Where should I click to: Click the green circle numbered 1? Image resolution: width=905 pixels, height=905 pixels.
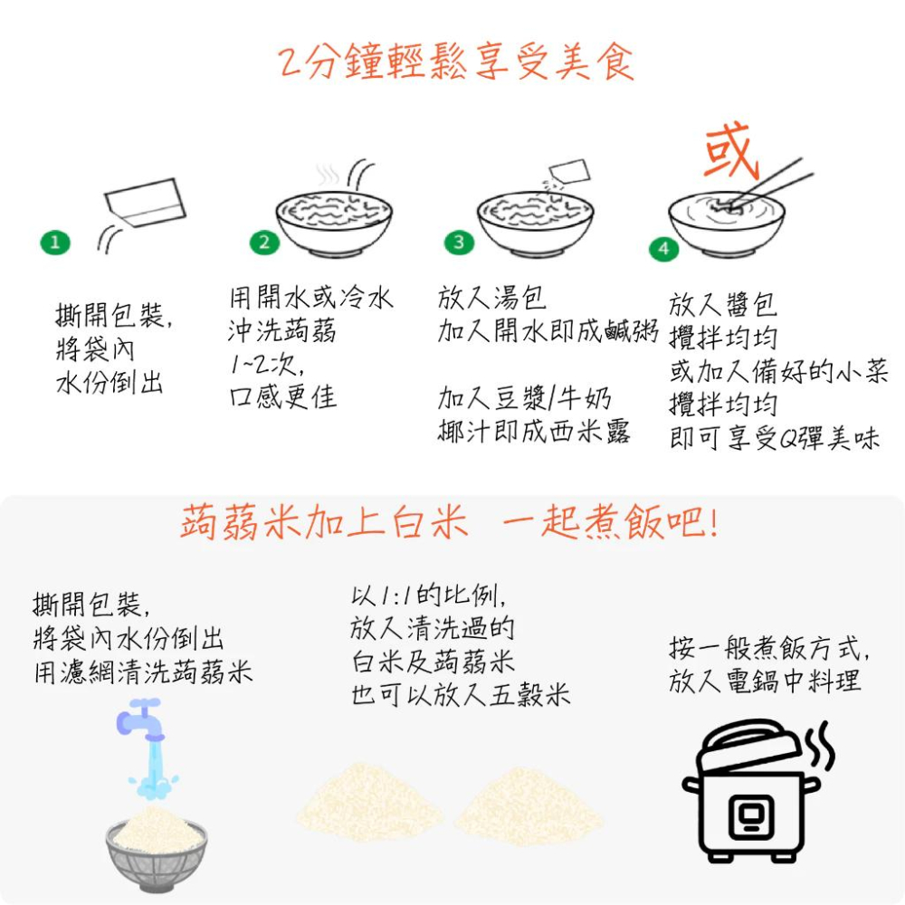(x=55, y=242)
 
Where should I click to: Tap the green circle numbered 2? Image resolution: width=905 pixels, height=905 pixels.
(x=264, y=242)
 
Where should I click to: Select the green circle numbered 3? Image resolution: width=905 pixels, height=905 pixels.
(x=459, y=242)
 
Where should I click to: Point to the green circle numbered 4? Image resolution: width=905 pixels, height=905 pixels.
(x=664, y=248)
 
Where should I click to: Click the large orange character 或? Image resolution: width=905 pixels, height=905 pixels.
(x=729, y=152)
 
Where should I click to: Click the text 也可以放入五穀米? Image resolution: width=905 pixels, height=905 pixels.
(x=461, y=695)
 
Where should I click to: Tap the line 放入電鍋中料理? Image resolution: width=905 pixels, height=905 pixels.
(x=765, y=681)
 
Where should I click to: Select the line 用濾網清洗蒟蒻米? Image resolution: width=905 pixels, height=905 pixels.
(x=143, y=673)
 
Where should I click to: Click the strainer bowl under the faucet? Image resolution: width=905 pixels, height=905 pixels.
(x=156, y=855)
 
